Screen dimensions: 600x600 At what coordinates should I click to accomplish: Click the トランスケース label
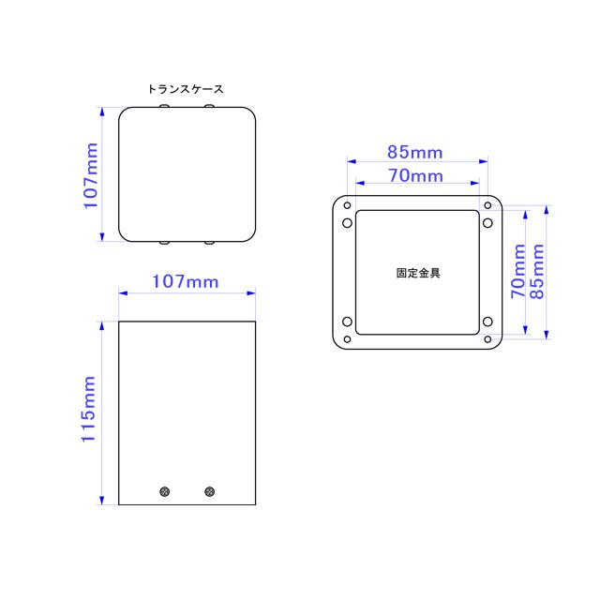point(186,90)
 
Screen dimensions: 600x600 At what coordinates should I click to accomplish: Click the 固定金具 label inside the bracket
point(418,274)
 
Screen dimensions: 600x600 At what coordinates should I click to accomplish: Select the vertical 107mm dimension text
point(91,174)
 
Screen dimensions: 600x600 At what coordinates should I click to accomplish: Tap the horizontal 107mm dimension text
point(186,280)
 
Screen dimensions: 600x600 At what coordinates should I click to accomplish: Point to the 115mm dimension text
point(91,412)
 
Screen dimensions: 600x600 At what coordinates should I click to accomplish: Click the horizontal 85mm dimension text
point(415,152)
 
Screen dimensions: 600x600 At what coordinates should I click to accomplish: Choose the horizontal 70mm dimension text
point(415,175)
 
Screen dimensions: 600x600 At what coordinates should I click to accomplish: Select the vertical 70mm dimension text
point(517,271)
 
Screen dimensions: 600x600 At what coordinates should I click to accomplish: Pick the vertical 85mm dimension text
point(538,271)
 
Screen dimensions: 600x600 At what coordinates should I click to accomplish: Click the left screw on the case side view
point(165,490)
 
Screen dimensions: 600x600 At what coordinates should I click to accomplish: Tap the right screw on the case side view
point(208,490)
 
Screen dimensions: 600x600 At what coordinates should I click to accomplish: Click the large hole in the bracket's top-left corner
point(348,223)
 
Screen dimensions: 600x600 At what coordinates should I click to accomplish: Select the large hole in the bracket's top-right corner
point(487,223)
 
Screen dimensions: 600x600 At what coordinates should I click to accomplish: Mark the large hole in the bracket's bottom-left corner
point(348,324)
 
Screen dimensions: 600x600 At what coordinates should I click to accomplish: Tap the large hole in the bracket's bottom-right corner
point(487,324)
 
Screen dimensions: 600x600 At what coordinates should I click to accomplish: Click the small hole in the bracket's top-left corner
point(347,206)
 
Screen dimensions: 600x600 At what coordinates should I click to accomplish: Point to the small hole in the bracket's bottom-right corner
point(488,339)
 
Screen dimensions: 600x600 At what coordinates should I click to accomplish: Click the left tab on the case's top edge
point(165,108)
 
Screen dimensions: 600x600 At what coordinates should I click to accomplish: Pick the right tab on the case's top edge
point(208,108)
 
